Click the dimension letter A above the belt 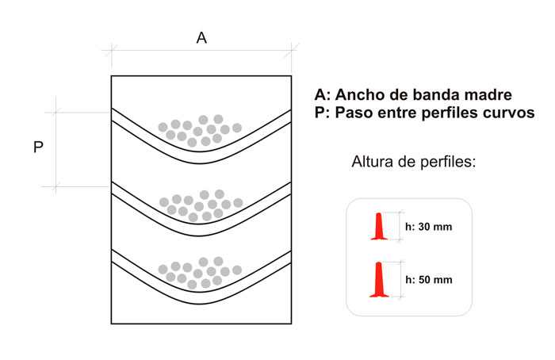201,38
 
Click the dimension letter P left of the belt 38,148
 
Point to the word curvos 508,113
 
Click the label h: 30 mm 428,227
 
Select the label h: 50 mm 428,279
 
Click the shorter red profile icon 381,226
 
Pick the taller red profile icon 379,280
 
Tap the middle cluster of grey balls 199,204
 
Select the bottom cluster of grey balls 199,272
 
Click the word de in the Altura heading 406,163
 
